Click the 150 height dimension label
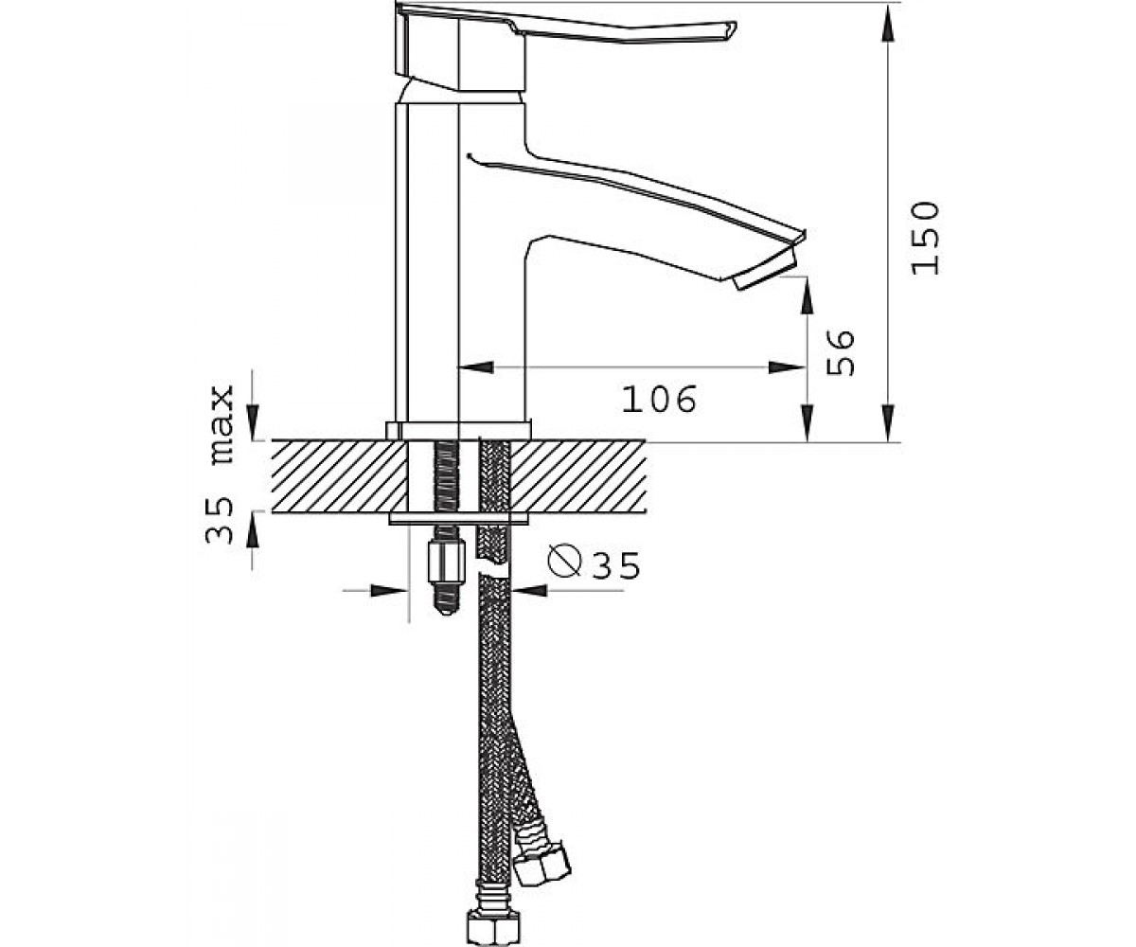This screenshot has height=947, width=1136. [925, 239]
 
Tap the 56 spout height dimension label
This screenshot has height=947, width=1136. [840, 352]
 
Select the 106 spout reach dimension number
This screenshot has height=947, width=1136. [658, 400]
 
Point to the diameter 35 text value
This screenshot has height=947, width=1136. [615, 566]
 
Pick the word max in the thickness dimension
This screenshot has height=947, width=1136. [222, 424]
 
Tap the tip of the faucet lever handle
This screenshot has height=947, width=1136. [735, 28]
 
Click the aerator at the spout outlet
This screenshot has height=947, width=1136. [763, 270]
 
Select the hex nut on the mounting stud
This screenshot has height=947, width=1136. [446, 562]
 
